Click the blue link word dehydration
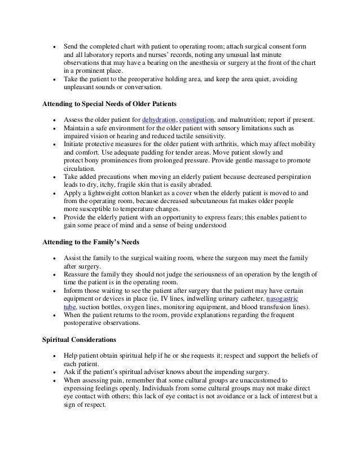pos(159,120)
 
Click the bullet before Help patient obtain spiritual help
pos(53,356)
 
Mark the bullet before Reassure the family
pos(53,274)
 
